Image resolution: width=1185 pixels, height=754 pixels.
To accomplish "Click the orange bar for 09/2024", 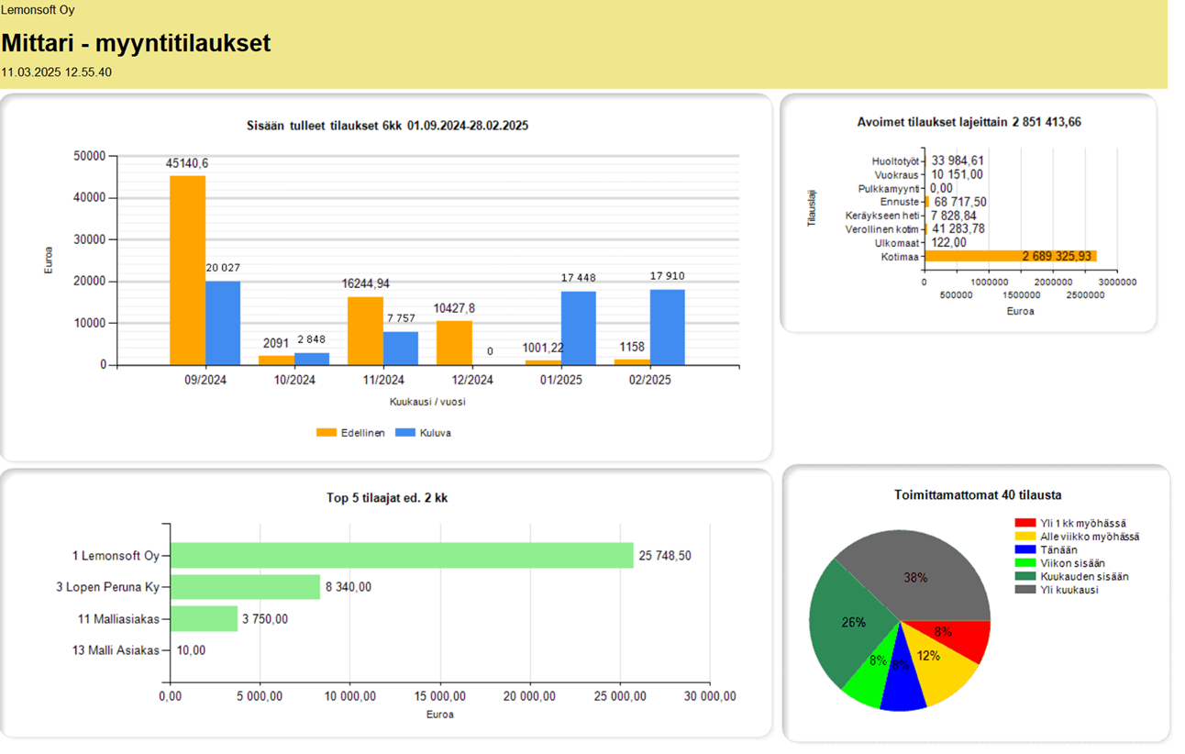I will click(187, 271).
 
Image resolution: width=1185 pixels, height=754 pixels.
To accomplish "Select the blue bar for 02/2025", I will click(668, 327).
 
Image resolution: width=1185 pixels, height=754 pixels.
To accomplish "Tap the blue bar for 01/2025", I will click(579, 328).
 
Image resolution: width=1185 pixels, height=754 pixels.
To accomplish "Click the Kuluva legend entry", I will click(424, 433).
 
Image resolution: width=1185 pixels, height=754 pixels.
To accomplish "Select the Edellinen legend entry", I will click(350, 433).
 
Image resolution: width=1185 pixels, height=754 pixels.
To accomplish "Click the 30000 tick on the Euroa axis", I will click(89, 239).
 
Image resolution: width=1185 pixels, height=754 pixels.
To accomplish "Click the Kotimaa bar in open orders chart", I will click(1009, 257).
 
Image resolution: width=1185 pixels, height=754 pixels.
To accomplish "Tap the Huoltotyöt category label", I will click(894, 161).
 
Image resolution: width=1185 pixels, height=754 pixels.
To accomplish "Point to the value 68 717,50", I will click(960, 202).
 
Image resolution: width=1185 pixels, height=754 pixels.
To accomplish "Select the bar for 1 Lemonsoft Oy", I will click(402, 556).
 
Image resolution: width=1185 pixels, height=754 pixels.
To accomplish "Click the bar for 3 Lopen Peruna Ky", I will click(245, 587).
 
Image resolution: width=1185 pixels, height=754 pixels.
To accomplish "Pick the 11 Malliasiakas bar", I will click(204, 619).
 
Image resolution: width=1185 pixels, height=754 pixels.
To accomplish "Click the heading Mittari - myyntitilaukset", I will click(136, 43).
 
